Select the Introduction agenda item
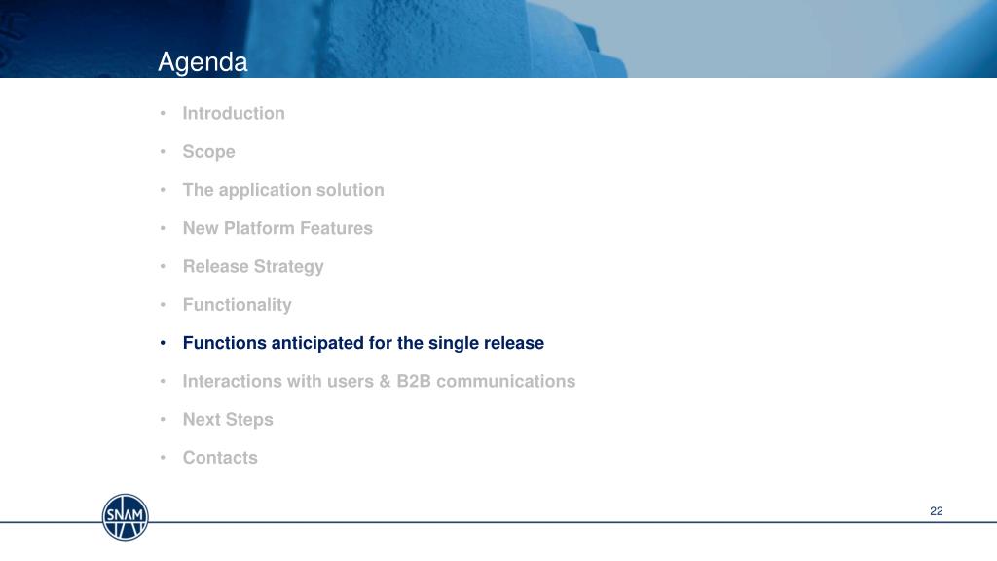pos(234,113)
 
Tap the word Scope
pos(208,152)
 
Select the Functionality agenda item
pos(238,305)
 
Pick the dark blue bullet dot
pos(163,343)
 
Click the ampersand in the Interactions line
pos(385,381)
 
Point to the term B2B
pos(414,381)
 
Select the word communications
pos(505,381)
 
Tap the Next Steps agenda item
pos(228,420)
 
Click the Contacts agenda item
pos(220,458)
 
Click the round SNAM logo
pos(126,517)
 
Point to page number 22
pos(936,511)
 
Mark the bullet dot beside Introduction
pos(163,113)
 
